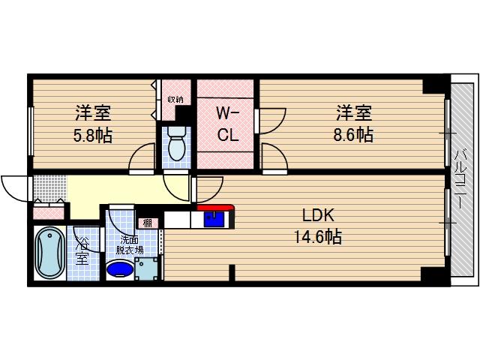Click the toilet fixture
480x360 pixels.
pos(177,145)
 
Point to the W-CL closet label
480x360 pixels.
pos(226,124)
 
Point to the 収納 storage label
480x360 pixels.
pos(175,98)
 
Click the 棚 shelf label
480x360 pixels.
pos(148,223)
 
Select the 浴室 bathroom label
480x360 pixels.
pos(81,252)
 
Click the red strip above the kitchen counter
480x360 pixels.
pos(214,208)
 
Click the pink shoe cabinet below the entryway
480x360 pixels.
pos(49,212)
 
